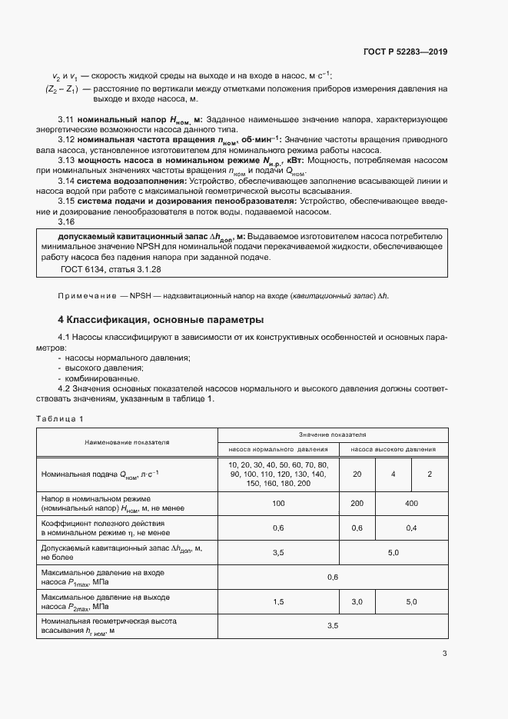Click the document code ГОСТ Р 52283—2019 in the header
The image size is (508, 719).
[x=405, y=52]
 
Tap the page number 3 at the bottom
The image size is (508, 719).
[x=444, y=654]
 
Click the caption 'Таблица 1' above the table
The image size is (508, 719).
[x=60, y=418]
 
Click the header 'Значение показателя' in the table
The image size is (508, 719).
[x=333, y=434]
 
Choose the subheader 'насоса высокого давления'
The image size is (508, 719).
[x=393, y=449]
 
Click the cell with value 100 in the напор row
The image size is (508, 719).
[x=278, y=503]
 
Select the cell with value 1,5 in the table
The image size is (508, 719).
[x=278, y=601]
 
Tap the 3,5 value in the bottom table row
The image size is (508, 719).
[x=332, y=626]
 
